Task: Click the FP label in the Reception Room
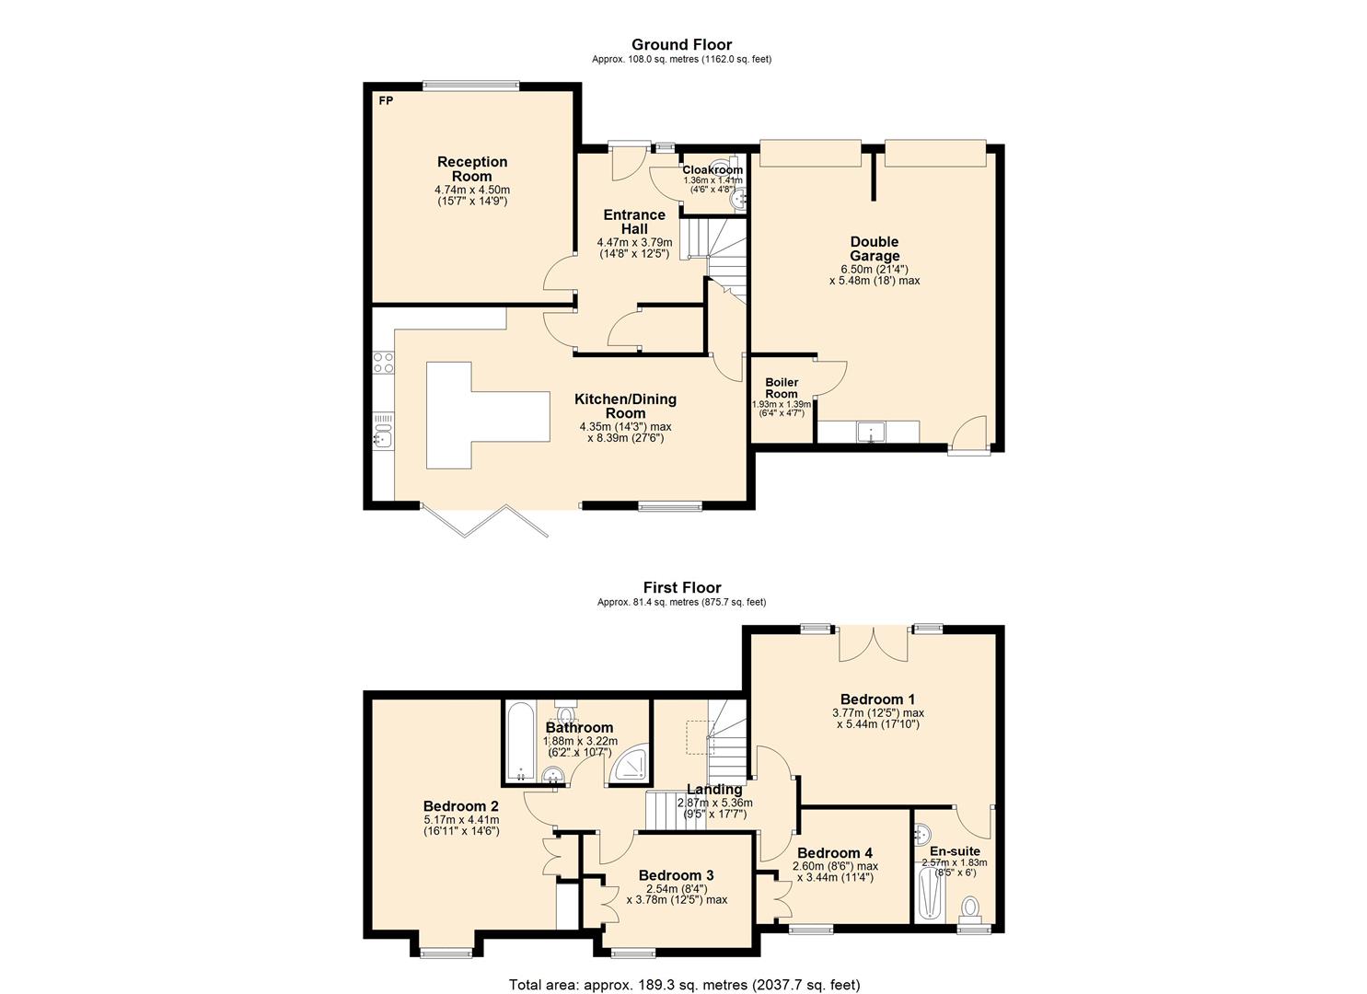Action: point(386,100)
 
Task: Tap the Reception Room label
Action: point(471,168)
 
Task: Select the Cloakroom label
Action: point(712,170)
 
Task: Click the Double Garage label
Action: point(874,248)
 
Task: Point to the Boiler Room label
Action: point(782,387)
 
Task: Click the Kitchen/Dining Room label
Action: point(625,406)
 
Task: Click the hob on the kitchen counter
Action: point(382,362)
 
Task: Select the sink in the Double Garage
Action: point(869,432)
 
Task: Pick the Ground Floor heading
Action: point(681,44)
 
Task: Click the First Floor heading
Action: point(681,587)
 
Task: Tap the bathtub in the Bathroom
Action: point(520,741)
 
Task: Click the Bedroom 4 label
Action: point(835,853)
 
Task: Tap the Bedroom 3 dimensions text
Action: point(677,894)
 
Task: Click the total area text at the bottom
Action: point(684,984)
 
